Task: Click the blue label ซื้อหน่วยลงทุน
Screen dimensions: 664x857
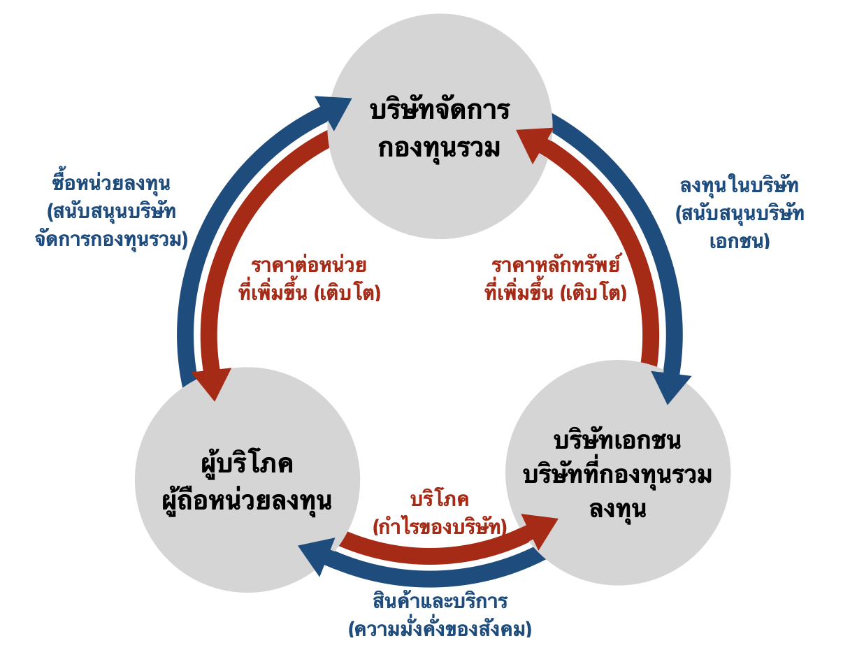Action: click(112, 184)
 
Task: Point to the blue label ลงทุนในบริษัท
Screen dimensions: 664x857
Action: click(739, 186)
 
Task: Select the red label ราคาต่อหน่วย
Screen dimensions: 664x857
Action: click(309, 266)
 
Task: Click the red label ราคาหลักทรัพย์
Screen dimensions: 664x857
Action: click(556, 266)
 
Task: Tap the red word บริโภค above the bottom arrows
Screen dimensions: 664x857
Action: click(439, 500)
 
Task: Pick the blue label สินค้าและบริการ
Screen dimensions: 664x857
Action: click(440, 602)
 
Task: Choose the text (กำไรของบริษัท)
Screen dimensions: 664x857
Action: click(440, 526)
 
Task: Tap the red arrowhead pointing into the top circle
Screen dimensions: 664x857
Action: click(534, 143)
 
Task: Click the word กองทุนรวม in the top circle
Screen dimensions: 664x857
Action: click(440, 148)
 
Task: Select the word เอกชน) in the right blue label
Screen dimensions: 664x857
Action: click(739, 242)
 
